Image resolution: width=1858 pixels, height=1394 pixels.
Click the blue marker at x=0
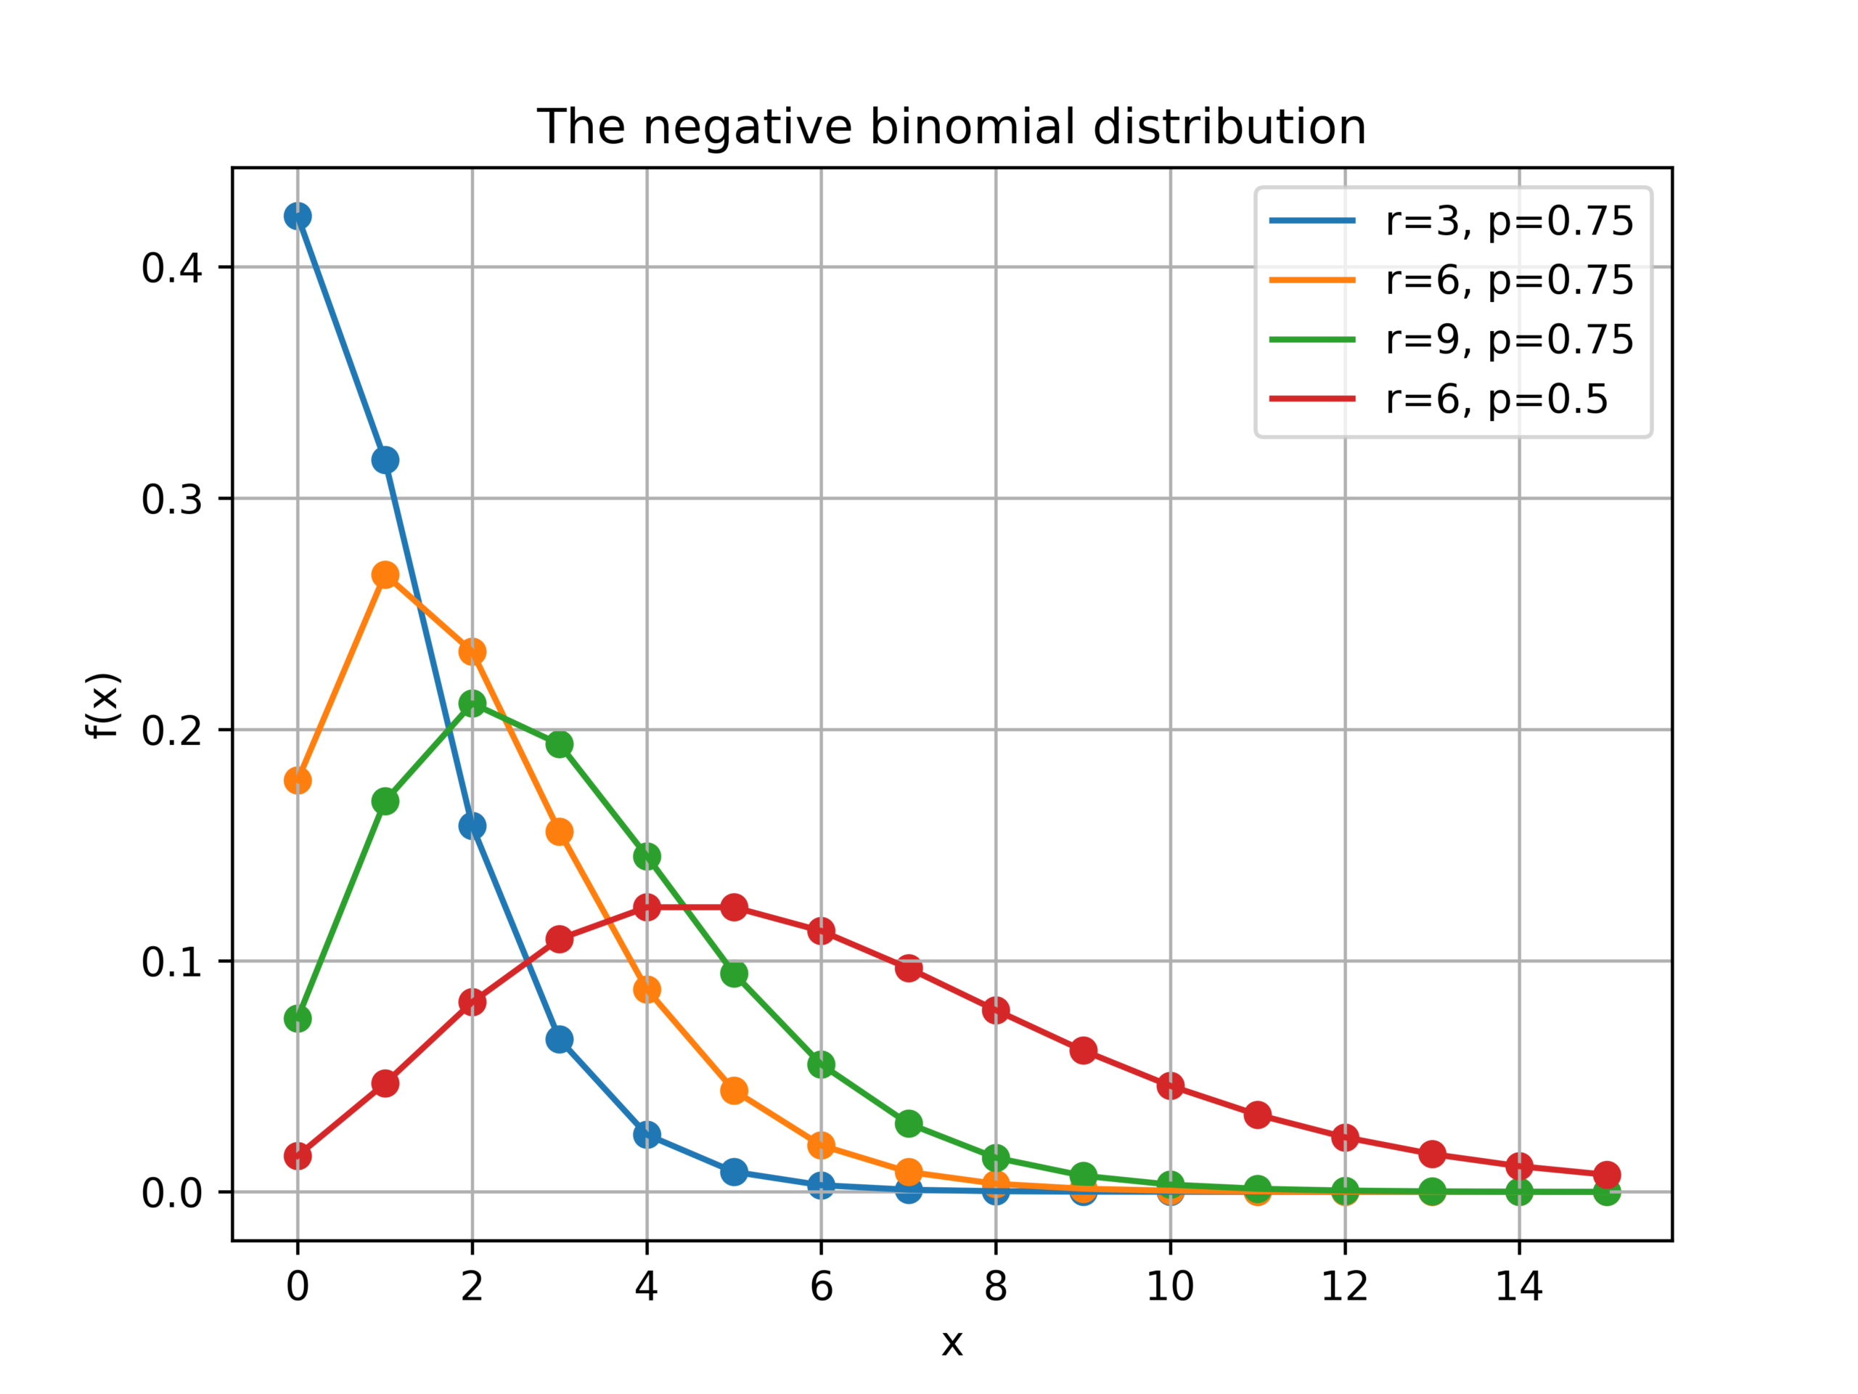(x=298, y=216)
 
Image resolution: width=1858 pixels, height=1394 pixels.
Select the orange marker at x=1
(x=385, y=575)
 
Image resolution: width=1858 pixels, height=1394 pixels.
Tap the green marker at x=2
(x=472, y=704)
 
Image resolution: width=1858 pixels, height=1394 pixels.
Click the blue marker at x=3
(x=560, y=1040)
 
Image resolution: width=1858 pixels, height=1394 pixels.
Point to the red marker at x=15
(x=1607, y=1175)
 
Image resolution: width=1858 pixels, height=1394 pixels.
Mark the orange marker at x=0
(x=298, y=780)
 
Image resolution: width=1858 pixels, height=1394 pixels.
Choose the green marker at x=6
(x=822, y=1064)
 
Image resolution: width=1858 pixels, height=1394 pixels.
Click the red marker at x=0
(x=298, y=1156)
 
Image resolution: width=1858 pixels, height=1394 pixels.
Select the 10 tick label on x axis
(x=1170, y=1287)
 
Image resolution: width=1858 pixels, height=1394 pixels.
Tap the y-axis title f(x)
(x=105, y=706)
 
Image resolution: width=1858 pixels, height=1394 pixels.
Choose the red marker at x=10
(x=1170, y=1085)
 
